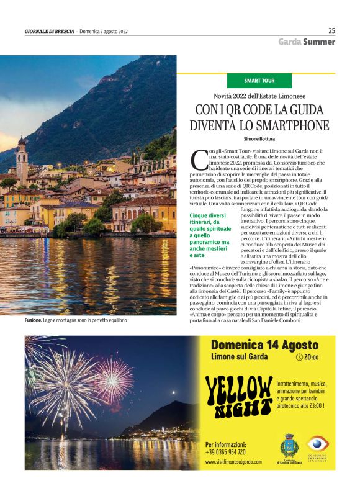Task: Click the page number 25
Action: (331, 30)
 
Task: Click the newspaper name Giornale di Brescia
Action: (50, 31)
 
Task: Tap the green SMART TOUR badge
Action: (259, 81)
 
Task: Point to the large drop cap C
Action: (197, 160)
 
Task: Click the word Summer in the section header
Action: (319, 42)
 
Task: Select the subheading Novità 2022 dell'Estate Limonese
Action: (259, 97)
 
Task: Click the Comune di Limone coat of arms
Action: (287, 446)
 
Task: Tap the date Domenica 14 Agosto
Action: (264, 345)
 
